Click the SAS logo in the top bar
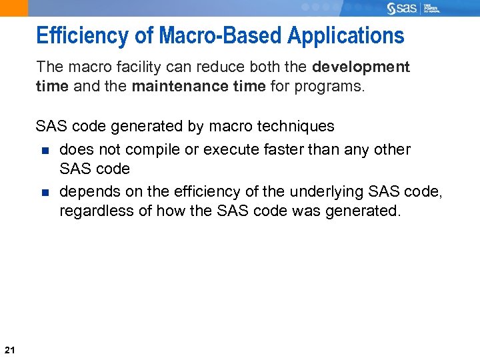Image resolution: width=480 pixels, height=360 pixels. coord(402,8)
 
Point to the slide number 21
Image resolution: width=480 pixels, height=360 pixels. coord(9,349)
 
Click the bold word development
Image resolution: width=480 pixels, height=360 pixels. coord(361,67)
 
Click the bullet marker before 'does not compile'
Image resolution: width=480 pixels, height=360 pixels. coord(45,150)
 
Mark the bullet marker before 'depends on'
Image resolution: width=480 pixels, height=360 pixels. coord(45,192)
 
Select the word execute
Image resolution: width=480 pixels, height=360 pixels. coord(231,149)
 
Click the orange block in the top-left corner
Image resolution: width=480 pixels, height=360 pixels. coord(14,8)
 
